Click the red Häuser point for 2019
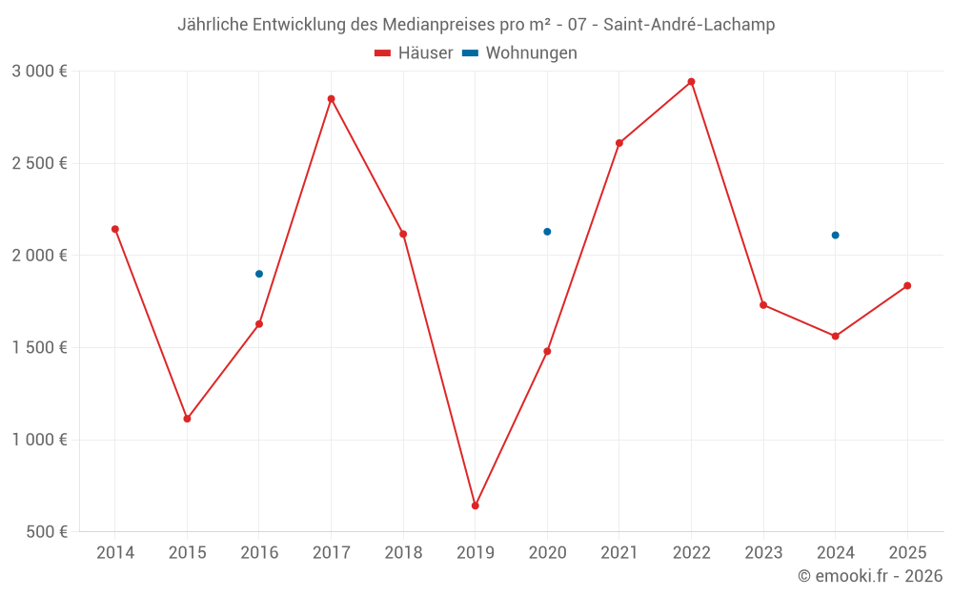click(x=475, y=505)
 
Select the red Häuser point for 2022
click(x=691, y=82)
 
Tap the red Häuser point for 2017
click(x=331, y=99)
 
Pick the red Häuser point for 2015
click(x=187, y=419)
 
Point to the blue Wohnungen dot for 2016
click(x=259, y=274)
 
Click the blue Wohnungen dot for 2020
click(x=547, y=232)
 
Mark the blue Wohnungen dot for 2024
click(x=835, y=235)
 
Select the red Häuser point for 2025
click(x=907, y=286)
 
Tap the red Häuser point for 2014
click(x=115, y=229)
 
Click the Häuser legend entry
click(x=414, y=53)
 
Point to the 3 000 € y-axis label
click(x=39, y=72)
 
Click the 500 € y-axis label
click(x=48, y=532)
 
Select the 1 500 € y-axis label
click(x=39, y=348)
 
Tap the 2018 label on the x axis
click(x=403, y=553)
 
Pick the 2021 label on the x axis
click(x=619, y=553)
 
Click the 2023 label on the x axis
click(x=763, y=553)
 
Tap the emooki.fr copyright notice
click(x=870, y=576)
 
